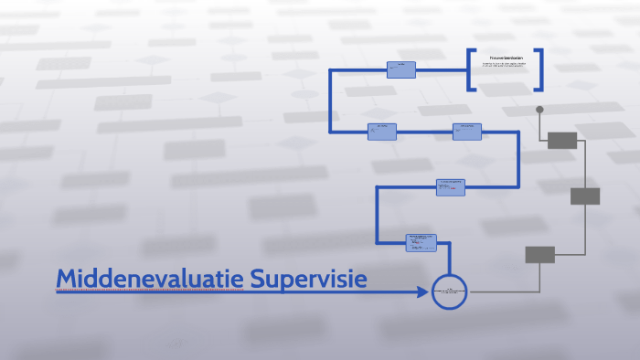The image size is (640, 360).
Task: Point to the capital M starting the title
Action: point(67,279)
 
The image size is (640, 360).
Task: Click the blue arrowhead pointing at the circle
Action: point(422,292)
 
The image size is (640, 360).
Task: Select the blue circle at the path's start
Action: point(449,292)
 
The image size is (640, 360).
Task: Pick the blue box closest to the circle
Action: point(421,243)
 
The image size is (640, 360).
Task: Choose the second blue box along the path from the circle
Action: point(451,187)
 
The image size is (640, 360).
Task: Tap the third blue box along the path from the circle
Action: point(467,132)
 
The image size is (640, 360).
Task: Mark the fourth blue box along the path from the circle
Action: point(382,132)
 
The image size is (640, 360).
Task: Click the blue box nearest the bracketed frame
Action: point(400,69)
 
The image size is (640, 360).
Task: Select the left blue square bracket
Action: point(470,69)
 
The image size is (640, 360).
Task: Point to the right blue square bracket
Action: point(539,69)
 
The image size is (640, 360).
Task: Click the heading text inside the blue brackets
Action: point(506,58)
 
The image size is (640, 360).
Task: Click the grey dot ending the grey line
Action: point(539,110)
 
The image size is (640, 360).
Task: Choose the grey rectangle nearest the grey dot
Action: point(562,140)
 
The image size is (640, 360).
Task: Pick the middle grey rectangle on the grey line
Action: point(585,196)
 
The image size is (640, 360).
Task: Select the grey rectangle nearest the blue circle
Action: point(539,255)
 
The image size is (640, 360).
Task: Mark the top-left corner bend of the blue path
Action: point(332,70)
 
